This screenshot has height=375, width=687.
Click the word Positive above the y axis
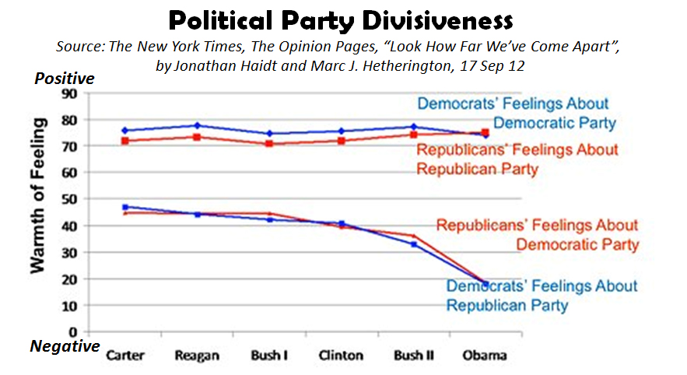64,79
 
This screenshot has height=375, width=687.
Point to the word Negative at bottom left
65,345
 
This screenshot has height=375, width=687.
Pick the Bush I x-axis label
268,356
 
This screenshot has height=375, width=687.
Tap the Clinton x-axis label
340,356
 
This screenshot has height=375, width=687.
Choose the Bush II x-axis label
414,356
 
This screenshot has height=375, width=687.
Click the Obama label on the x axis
484,356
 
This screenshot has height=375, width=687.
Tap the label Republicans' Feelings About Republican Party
517,159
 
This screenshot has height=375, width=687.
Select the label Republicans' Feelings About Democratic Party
537,234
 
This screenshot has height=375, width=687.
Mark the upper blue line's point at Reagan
198,125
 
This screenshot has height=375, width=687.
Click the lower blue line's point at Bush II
414,244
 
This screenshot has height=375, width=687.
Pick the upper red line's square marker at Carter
124,141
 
